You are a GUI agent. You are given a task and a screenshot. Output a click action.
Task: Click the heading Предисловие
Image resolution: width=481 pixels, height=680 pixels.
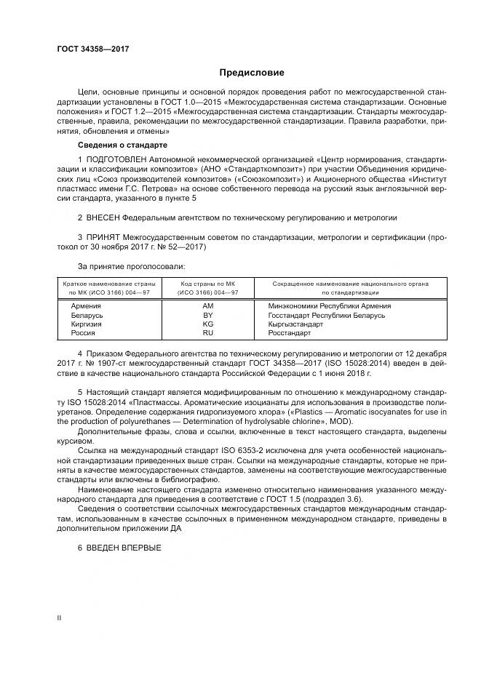coord(253,73)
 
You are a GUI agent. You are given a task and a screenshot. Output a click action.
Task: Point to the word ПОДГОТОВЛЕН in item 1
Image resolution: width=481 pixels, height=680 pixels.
coord(117,159)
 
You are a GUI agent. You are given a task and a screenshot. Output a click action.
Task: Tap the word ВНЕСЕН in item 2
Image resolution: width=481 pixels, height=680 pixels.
coord(101,217)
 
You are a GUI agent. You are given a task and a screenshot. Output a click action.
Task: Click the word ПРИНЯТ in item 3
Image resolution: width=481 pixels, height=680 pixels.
coord(101,237)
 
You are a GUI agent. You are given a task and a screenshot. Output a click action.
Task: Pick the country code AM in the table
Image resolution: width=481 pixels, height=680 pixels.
coord(207,306)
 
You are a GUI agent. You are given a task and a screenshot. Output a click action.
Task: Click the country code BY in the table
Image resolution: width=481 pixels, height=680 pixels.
coord(207,315)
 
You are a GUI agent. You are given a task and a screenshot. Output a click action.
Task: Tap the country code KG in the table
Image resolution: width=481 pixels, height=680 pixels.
coord(207,324)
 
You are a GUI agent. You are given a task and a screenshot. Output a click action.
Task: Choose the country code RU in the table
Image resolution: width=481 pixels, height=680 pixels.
coord(207,332)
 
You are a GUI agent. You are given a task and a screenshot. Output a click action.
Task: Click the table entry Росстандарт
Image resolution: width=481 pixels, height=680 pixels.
coord(290,332)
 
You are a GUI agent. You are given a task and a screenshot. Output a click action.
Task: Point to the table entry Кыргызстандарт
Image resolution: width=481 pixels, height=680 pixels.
coord(295,324)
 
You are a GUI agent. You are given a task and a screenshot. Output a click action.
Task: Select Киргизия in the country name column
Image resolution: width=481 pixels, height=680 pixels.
coord(85,324)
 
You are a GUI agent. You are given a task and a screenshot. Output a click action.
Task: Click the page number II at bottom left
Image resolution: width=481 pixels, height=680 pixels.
coord(59,617)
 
